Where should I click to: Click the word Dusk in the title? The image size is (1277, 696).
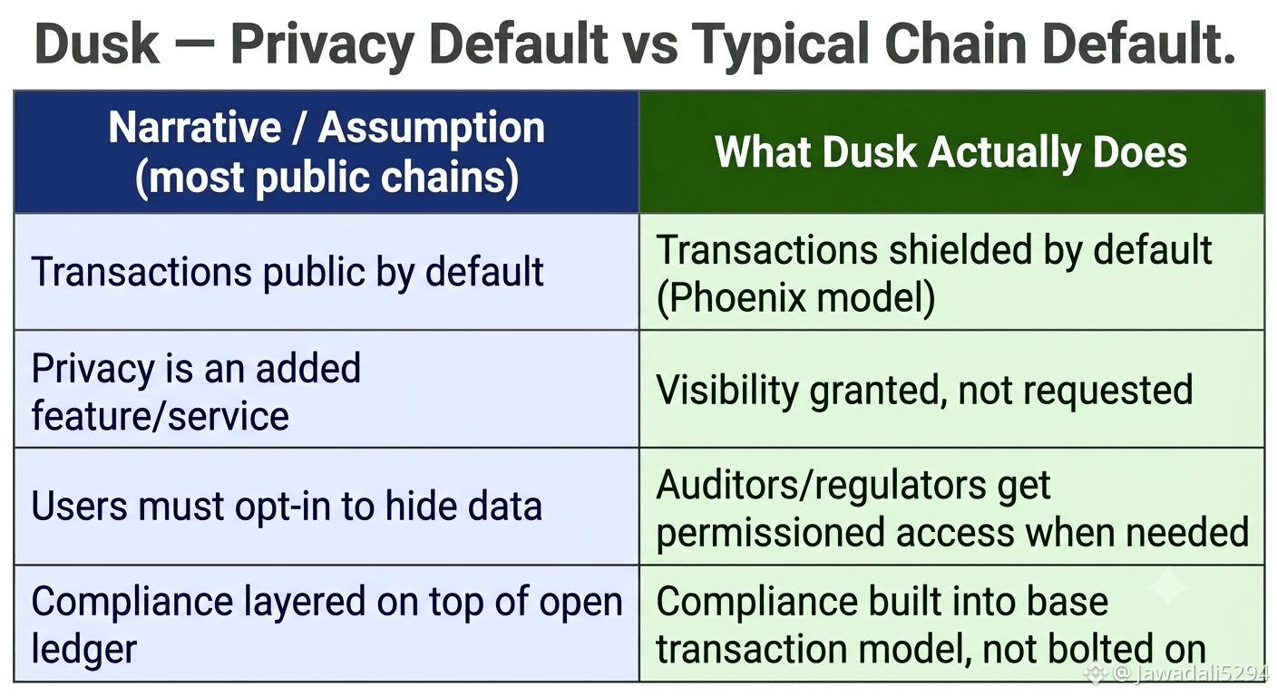(97, 43)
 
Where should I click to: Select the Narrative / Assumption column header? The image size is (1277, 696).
(327, 152)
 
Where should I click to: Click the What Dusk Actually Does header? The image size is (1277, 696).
(950, 152)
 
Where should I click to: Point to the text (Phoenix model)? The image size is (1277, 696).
(795, 296)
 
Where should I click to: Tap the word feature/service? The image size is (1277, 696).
(161, 416)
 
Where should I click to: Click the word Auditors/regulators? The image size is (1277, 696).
(821, 485)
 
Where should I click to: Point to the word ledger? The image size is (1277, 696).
(84, 649)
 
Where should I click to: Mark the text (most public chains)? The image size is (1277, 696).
(327, 177)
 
